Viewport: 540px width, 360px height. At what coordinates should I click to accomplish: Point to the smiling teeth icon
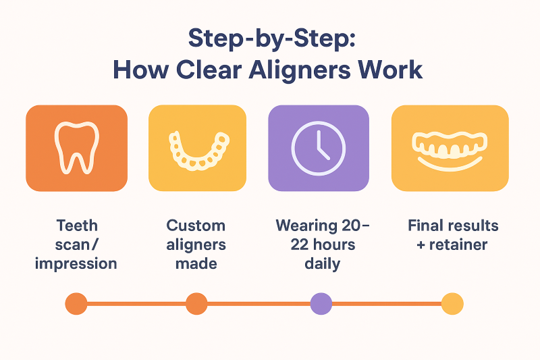click(450, 151)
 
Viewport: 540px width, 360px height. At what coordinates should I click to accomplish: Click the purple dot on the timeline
click(321, 303)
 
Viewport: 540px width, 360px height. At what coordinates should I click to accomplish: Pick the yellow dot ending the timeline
click(452, 303)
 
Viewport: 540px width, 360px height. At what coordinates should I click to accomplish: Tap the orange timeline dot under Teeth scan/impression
click(76, 303)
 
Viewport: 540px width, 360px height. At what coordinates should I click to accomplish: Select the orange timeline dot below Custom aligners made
click(196, 303)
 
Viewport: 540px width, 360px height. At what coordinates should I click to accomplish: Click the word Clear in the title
click(209, 70)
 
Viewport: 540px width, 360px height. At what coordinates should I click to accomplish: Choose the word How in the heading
click(141, 70)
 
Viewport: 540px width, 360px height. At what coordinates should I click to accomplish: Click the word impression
click(76, 264)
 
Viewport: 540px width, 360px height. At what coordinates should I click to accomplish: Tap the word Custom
click(196, 226)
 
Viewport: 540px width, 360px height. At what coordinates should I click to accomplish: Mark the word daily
click(323, 264)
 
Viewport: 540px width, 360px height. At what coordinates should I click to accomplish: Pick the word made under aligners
click(196, 264)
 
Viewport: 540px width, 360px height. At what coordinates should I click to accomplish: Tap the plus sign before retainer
click(421, 245)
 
